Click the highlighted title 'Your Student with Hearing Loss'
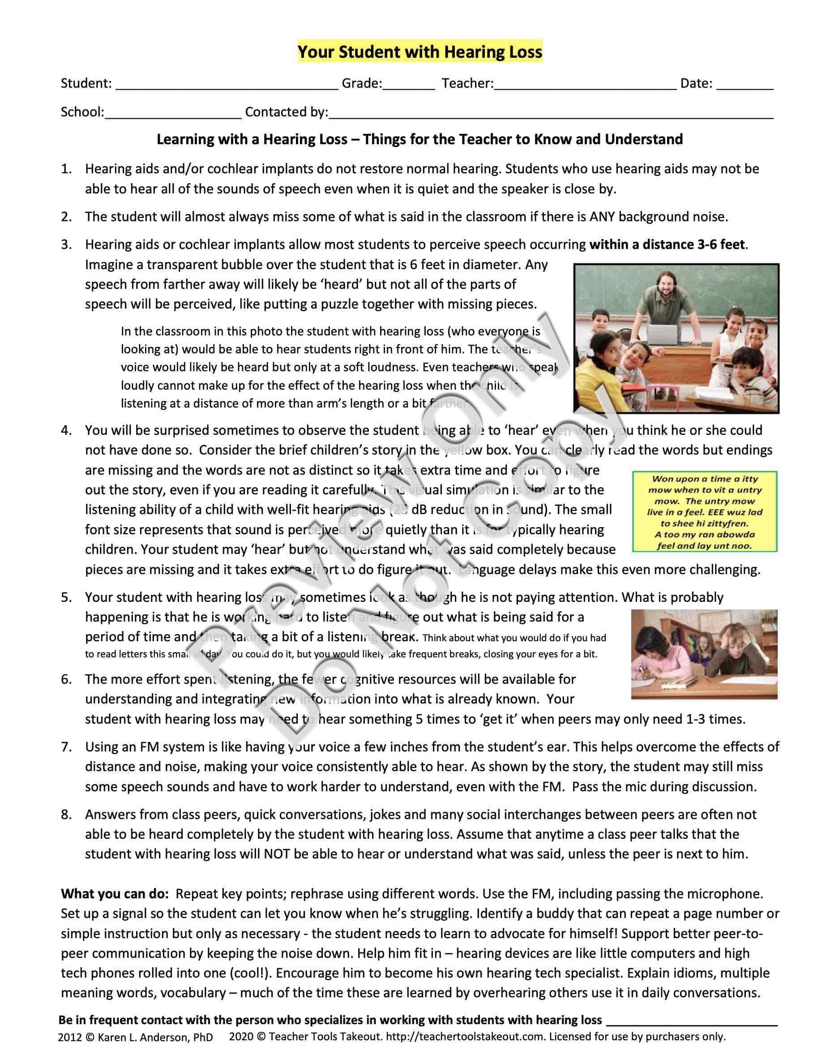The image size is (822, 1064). click(420, 51)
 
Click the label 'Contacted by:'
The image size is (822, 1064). click(287, 112)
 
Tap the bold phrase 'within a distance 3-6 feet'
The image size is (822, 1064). click(667, 244)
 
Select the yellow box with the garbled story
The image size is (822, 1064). click(704, 511)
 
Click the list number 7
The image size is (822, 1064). click(66, 747)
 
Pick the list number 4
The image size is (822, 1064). click(66, 430)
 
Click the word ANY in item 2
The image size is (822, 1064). click(602, 217)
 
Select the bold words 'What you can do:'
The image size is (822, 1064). click(115, 894)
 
